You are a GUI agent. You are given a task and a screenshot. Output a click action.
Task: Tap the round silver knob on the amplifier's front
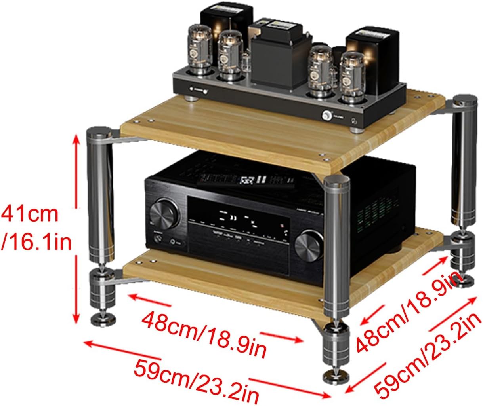326,115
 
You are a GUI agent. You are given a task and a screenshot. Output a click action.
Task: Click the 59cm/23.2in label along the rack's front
196,374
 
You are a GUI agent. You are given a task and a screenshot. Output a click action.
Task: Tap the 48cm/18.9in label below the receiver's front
204,332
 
